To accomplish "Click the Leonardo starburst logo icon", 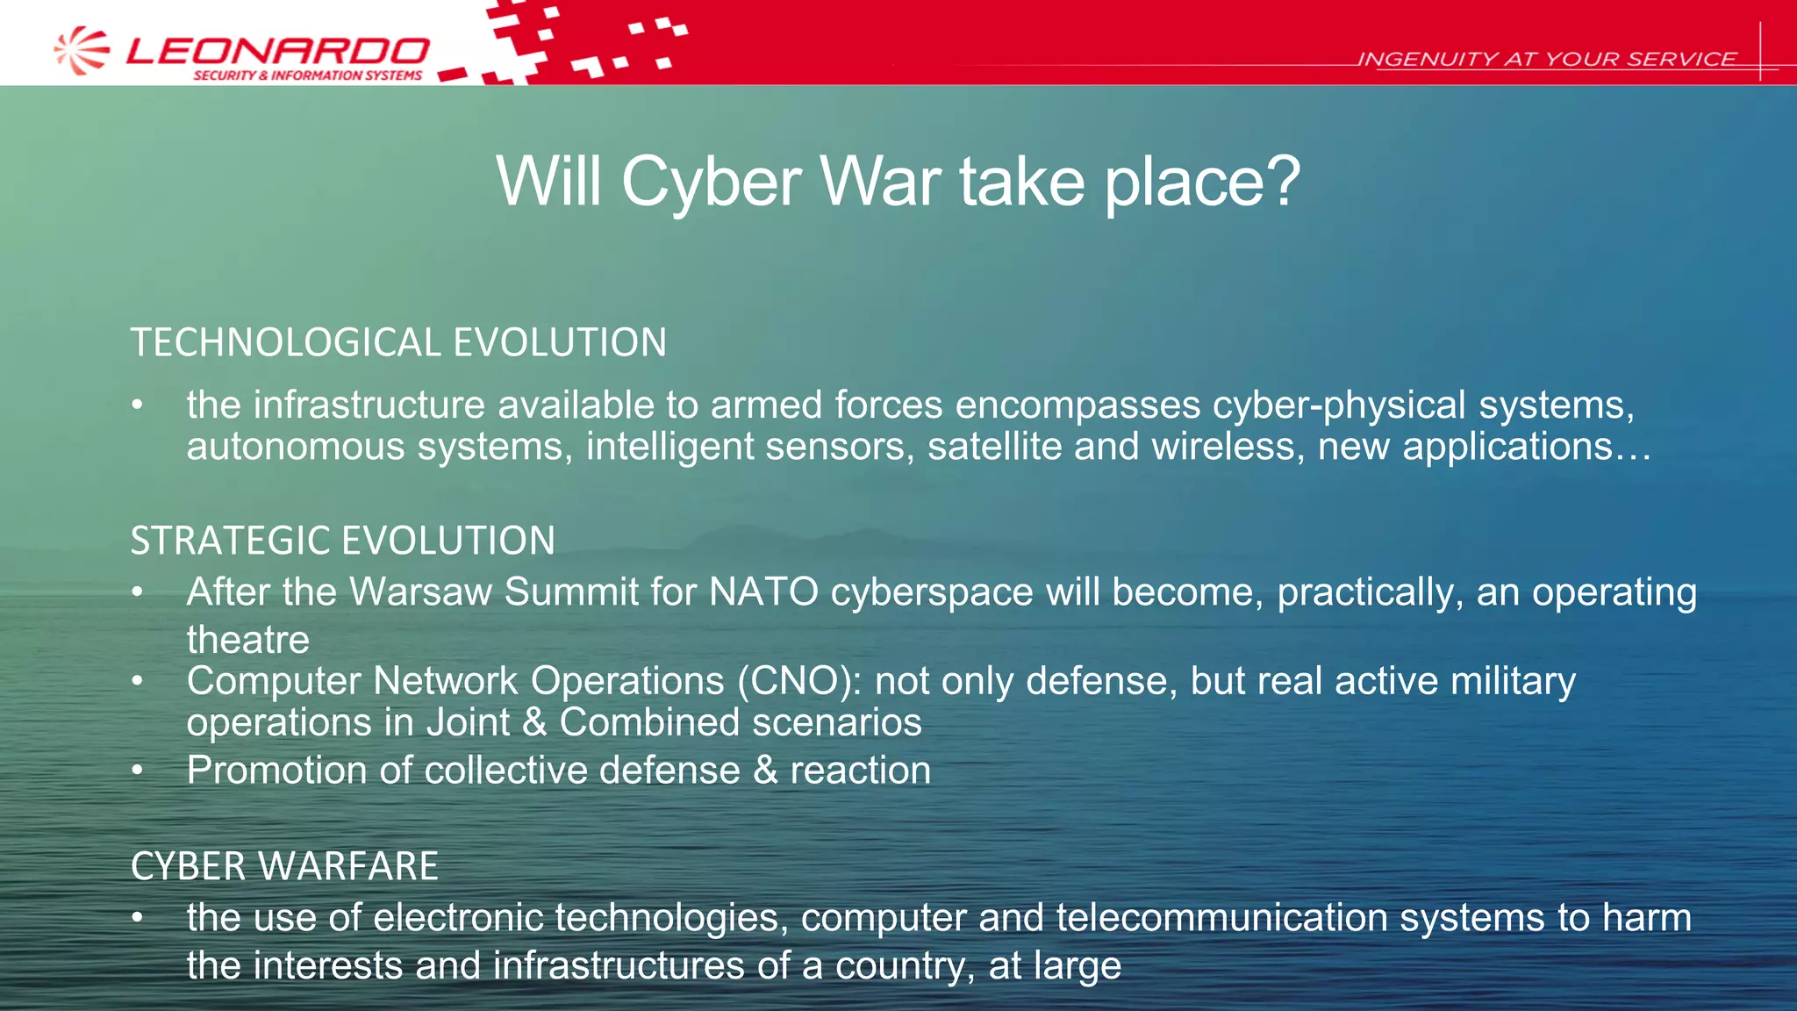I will [82, 50].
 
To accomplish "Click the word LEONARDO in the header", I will [277, 51].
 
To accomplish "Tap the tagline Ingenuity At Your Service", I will [1546, 60].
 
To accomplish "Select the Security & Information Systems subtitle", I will [307, 75].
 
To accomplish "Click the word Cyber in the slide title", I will [711, 182].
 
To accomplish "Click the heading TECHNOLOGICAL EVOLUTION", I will [398, 342].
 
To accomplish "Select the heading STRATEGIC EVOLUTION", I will [342, 541].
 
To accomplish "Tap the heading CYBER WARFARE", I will [284, 866].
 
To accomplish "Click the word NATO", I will [763, 592].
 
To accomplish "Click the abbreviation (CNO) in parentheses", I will [798, 681].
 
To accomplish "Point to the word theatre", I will [247, 640].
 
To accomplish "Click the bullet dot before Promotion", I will [137, 771].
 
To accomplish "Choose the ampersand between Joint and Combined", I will [533, 723].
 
